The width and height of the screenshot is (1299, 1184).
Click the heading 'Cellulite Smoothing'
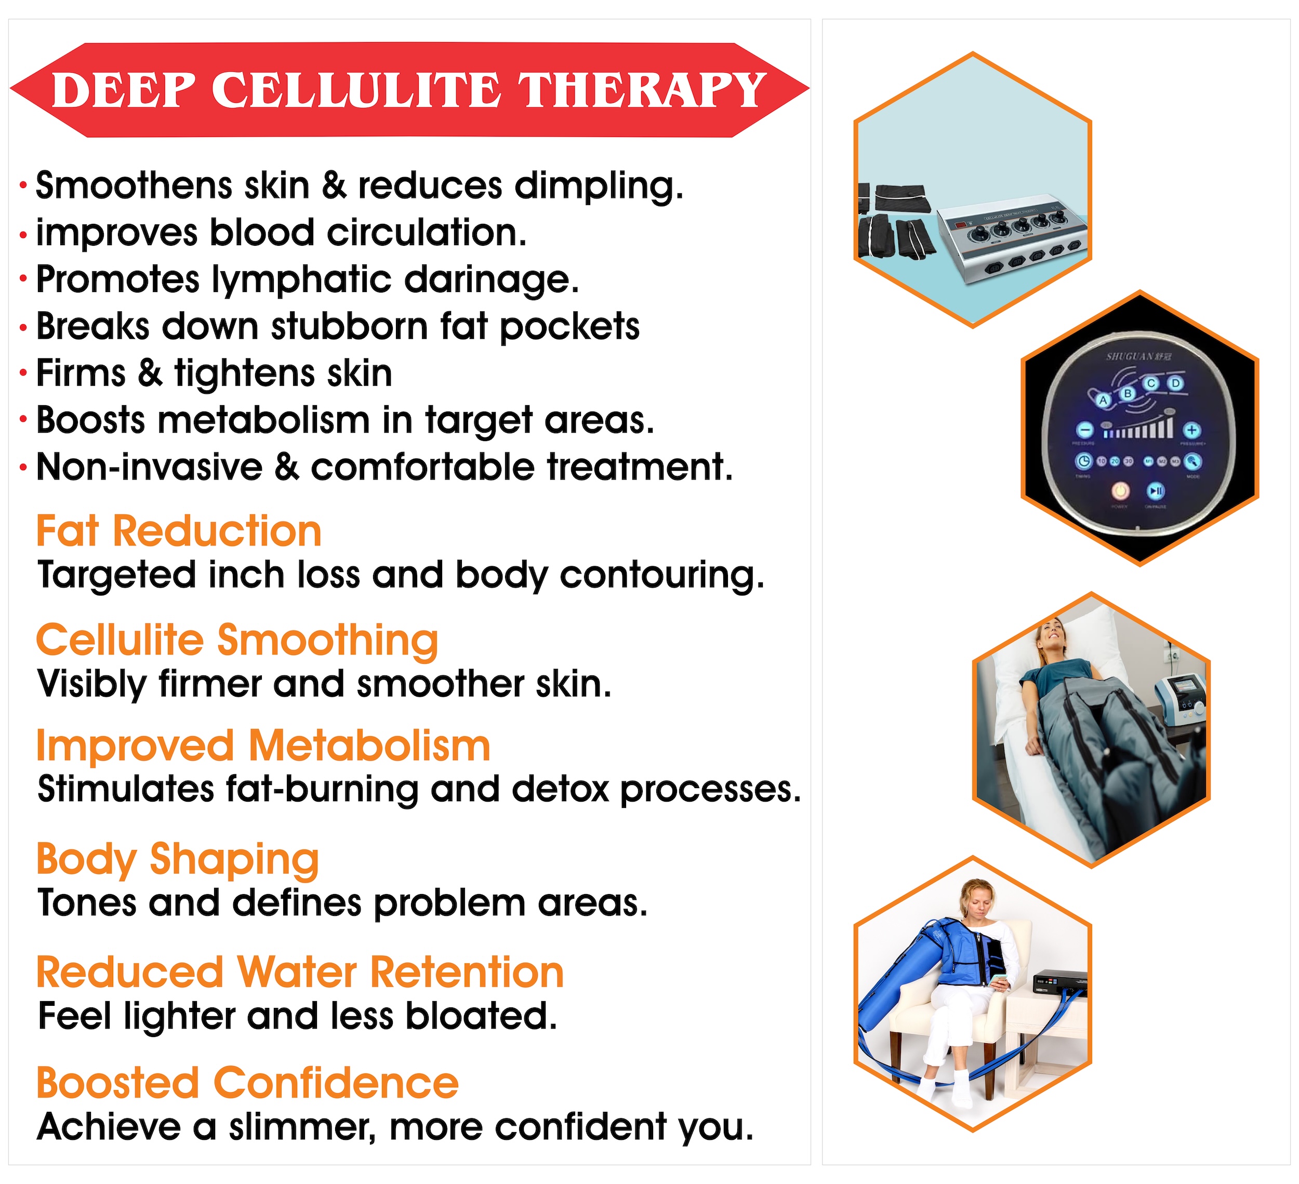click(x=237, y=641)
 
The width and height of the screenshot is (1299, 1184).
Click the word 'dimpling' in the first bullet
click(x=599, y=186)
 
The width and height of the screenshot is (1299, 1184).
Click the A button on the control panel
click(x=1103, y=401)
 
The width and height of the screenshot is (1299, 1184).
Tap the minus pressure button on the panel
click(x=1086, y=430)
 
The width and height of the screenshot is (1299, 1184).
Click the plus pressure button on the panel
click(x=1192, y=430)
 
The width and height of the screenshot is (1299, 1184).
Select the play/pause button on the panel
click(x=1155, y=491)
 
